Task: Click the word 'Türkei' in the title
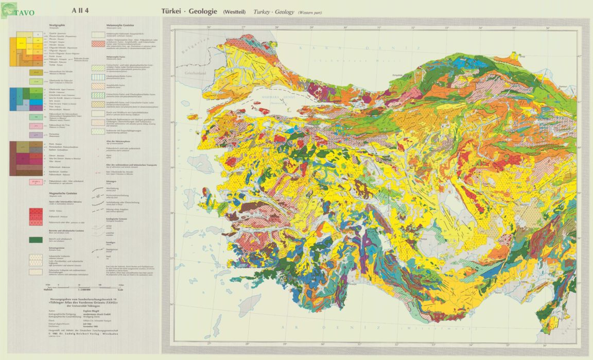coord(173,11)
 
